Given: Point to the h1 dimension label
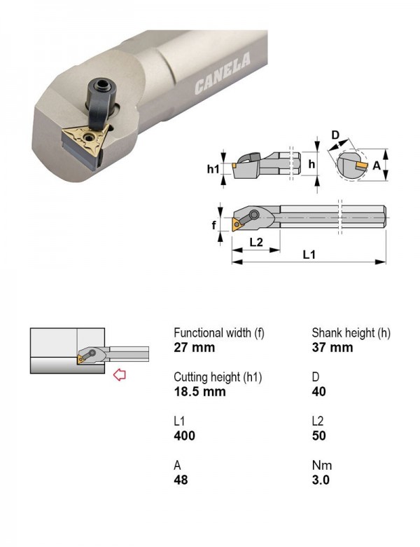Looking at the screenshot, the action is [213, 169].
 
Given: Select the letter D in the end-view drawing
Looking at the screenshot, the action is [335, 135].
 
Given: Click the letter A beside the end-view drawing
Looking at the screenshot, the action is [377, 166].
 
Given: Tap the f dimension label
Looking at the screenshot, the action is [213, 224].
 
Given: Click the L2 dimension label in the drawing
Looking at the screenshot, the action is [256, 241].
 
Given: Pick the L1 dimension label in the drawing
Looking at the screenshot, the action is [309, 255].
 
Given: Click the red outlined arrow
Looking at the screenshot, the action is [120, 375].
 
